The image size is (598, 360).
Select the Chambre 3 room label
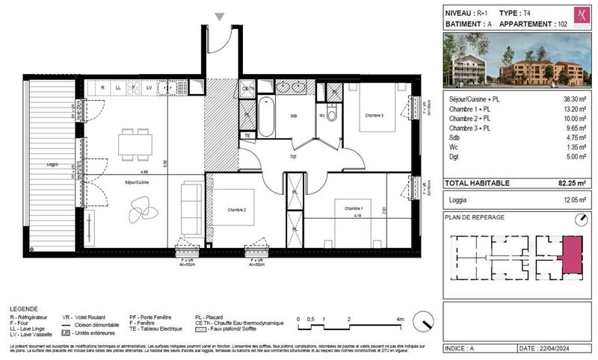pyautogui.click(x=374, y=115)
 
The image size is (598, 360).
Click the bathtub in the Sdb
pyautogui.click(x=266, y=118)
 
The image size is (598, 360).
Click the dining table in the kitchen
pyautogui.click(x=135, y=143)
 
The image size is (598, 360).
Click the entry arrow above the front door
pyautogui.click(x=219, y=17)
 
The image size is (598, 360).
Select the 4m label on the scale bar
pyautogui.click(x=400, y=319)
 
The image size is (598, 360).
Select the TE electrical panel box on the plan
pyautogui.click(x=247, y=135)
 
